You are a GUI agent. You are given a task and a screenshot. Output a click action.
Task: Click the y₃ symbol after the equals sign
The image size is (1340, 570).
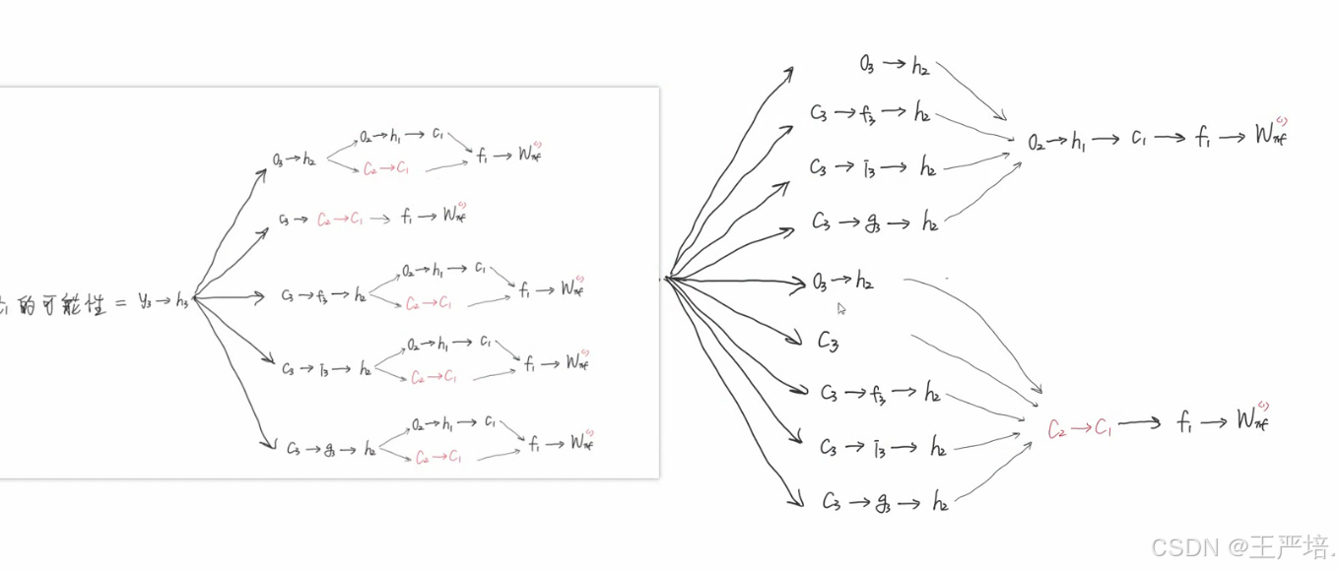(x=146, y=301)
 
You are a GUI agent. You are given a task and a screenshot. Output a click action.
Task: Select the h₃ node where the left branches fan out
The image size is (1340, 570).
(x=183, y=301)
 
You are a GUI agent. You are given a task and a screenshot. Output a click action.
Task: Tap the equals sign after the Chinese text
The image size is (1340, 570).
(x=119, y=302)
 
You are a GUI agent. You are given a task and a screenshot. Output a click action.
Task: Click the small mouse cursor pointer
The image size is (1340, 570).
(x=841, y=308)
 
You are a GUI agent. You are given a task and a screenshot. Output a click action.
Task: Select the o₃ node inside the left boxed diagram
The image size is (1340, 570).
(x=280, y=158)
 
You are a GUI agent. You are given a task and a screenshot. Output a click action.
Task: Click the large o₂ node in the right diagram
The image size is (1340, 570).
(x=1037, y=142)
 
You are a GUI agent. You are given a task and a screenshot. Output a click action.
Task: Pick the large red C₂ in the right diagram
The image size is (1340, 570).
(x=1056, y=428)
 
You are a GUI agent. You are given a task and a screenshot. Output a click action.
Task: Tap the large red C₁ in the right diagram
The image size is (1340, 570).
(x=1103, y=428)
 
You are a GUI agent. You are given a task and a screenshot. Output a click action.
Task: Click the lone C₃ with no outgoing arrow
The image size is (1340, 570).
(x=828, y=342)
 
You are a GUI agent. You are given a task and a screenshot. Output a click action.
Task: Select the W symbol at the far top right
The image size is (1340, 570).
(x=1269, y=135)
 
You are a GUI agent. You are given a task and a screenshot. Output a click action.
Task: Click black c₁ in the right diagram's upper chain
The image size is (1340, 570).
(x=1138, y=140)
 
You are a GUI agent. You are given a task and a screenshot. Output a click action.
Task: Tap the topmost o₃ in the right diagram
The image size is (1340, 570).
(x=866, y=66)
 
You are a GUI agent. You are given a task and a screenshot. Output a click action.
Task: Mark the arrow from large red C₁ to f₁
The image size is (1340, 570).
(x=1141, y=423)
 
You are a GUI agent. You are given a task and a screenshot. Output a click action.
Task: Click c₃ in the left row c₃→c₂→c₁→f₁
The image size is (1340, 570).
(x=284, y=219)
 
